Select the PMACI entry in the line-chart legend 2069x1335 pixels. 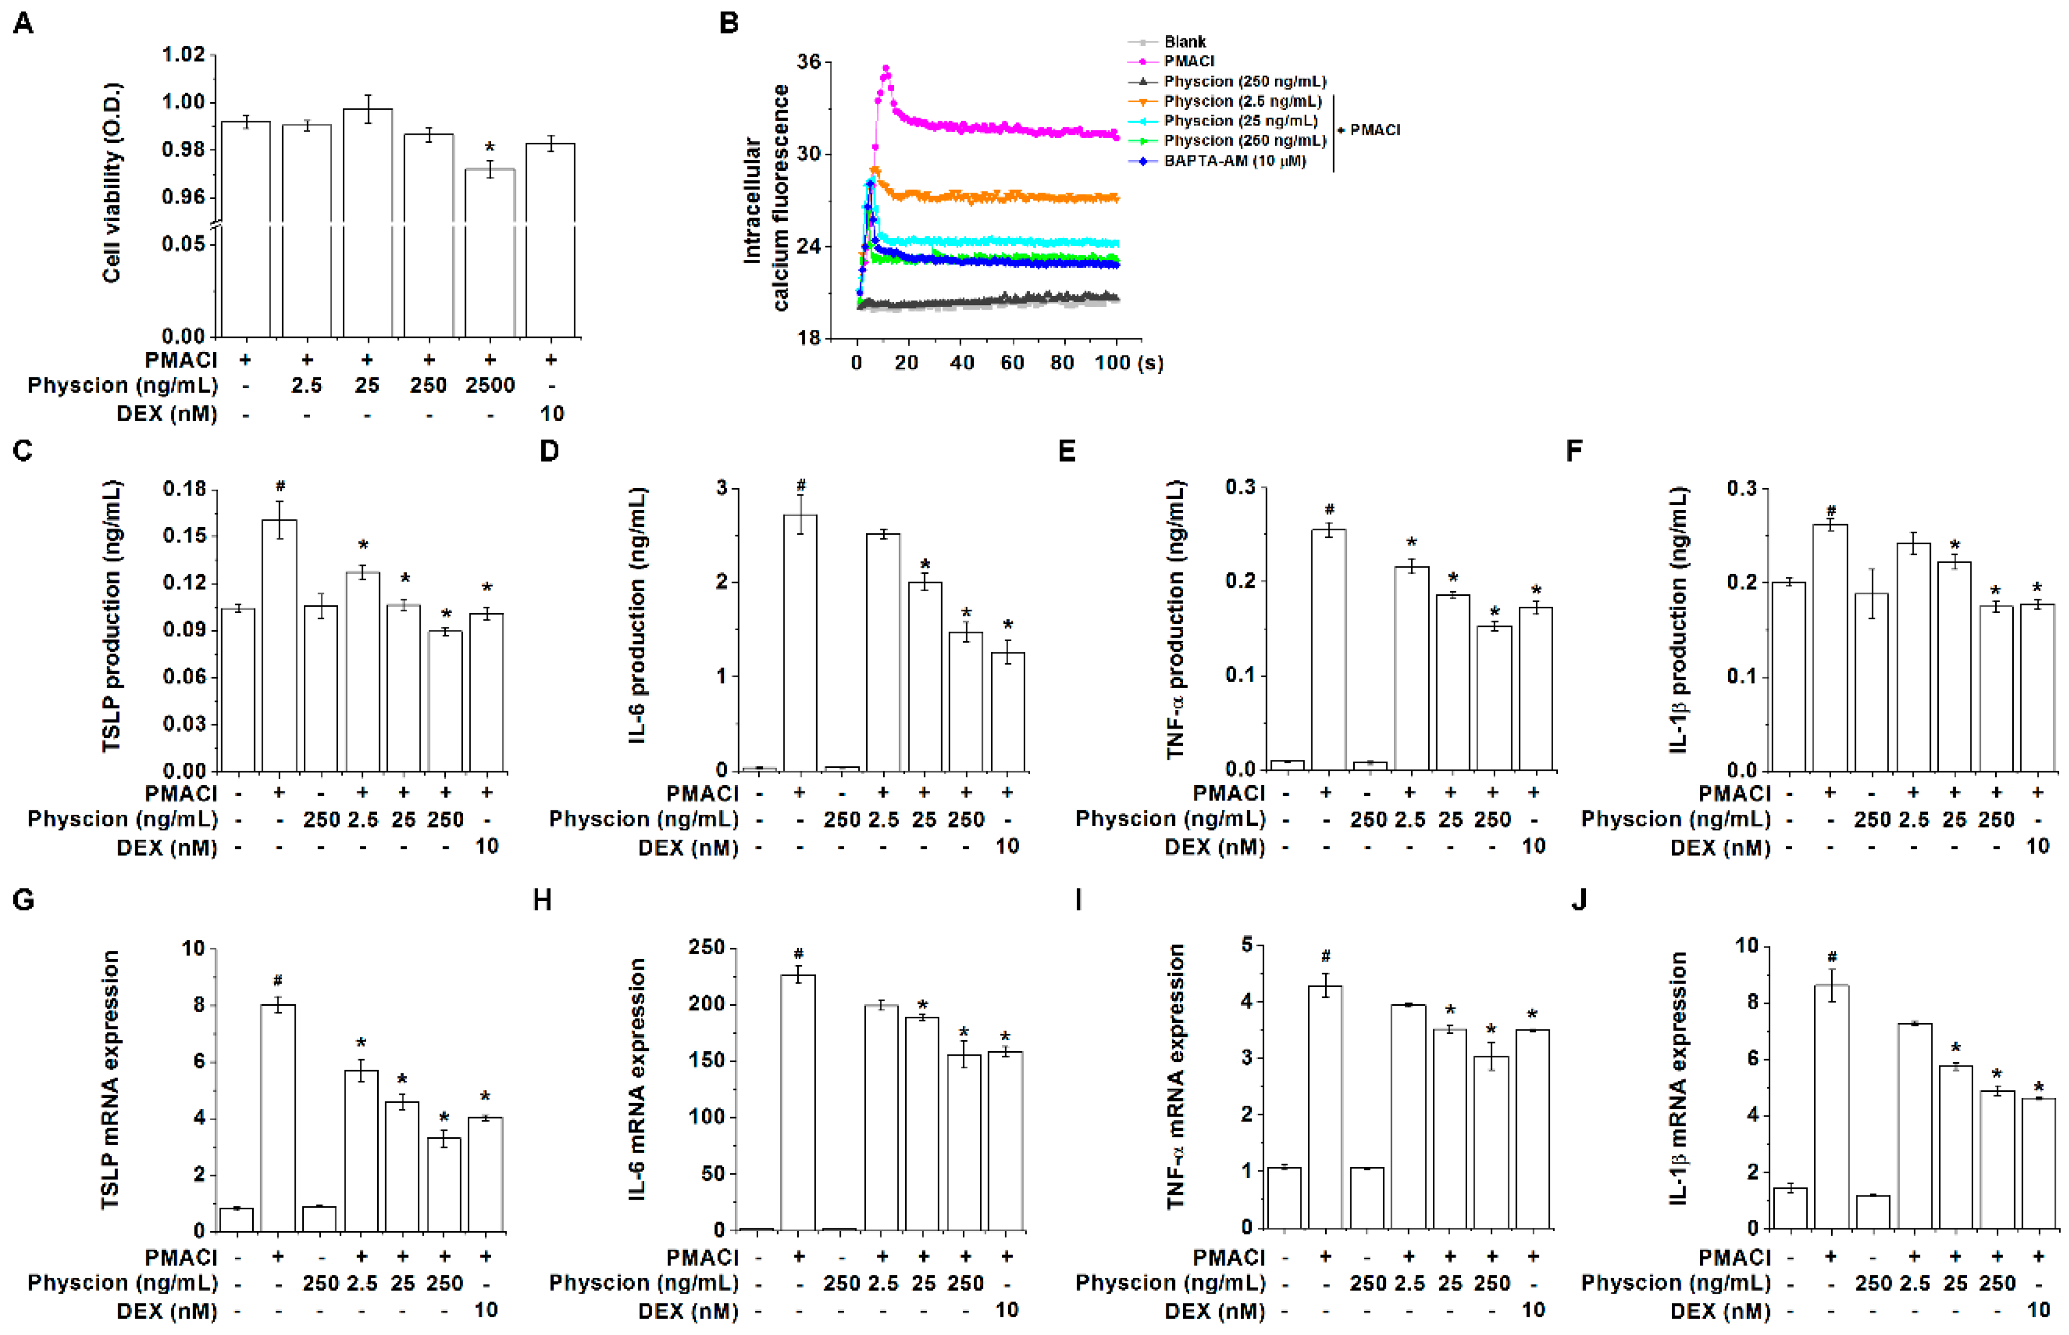[x=1189, y=61]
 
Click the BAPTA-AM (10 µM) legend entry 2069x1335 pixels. [x=1234, y=161]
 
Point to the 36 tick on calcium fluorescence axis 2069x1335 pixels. [x=808, y=63]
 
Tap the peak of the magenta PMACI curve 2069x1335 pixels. [x=885, y=68]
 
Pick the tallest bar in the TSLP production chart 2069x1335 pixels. [x=279, y=645]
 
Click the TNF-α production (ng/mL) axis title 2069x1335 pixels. [x=1175, y=620]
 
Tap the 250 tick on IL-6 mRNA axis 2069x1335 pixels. [x=706, y=947]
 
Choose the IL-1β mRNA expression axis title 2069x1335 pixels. [x=1678, y=1079]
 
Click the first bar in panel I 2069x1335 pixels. [x=1284, y=1197]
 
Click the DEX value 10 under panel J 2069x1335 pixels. [x=2038, y=1310]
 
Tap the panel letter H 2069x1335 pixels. [x=542, y=901]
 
